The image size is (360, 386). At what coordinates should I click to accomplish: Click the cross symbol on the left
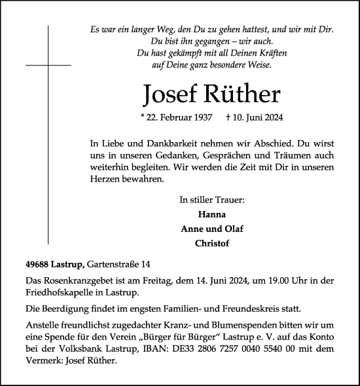coord(48,66)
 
